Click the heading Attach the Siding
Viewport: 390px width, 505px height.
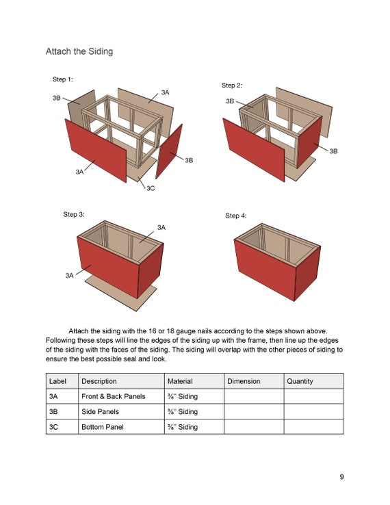tap(79, 51)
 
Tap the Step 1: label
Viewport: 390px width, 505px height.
tap(63, 80)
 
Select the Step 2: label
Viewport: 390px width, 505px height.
tap(232, 86)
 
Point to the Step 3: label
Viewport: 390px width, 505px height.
tap(74, 214)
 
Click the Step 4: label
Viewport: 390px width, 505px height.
tap(236, 216)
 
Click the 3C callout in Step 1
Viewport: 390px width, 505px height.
tap(151, 188)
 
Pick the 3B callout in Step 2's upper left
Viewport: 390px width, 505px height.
tap(230, 101)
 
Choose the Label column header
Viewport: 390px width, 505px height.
tap(57, 381)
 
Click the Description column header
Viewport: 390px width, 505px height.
tap(99, 381)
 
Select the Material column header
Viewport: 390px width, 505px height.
tap(180, 381)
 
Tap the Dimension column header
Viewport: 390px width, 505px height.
tap(244, 381)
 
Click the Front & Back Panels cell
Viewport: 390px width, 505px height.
tap(114, 396)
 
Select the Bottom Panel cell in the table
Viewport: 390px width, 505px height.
tap(101, 427)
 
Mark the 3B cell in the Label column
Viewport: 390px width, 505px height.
tap(53, 412)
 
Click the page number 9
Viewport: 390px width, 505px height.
tap(341, 477)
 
